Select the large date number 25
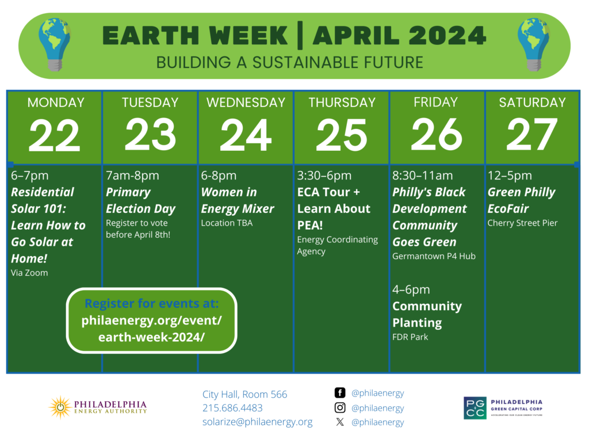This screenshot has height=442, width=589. point(341,136)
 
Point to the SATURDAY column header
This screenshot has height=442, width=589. point(532,102)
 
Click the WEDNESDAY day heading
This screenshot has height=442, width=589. point(246,102)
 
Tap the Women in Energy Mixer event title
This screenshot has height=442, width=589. point(238,200)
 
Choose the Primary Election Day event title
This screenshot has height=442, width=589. point(140,200)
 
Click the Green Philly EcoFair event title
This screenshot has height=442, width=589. point(522,200)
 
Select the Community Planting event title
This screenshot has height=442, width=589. point(427,314)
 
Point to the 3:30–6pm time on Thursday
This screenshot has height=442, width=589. point(324,176)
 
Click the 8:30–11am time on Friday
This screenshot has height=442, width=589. point(423,176)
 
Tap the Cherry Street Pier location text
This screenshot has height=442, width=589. point(523,223)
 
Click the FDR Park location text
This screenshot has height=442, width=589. point(410,337)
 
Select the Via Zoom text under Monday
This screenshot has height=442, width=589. point(29,273)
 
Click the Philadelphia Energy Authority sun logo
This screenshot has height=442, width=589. point(59,407)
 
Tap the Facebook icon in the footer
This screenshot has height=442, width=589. point(340,393)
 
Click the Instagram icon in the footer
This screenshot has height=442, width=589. point(340,407)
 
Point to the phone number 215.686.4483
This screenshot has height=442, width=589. point(232,408)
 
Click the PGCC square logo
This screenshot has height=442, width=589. point(475,407)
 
